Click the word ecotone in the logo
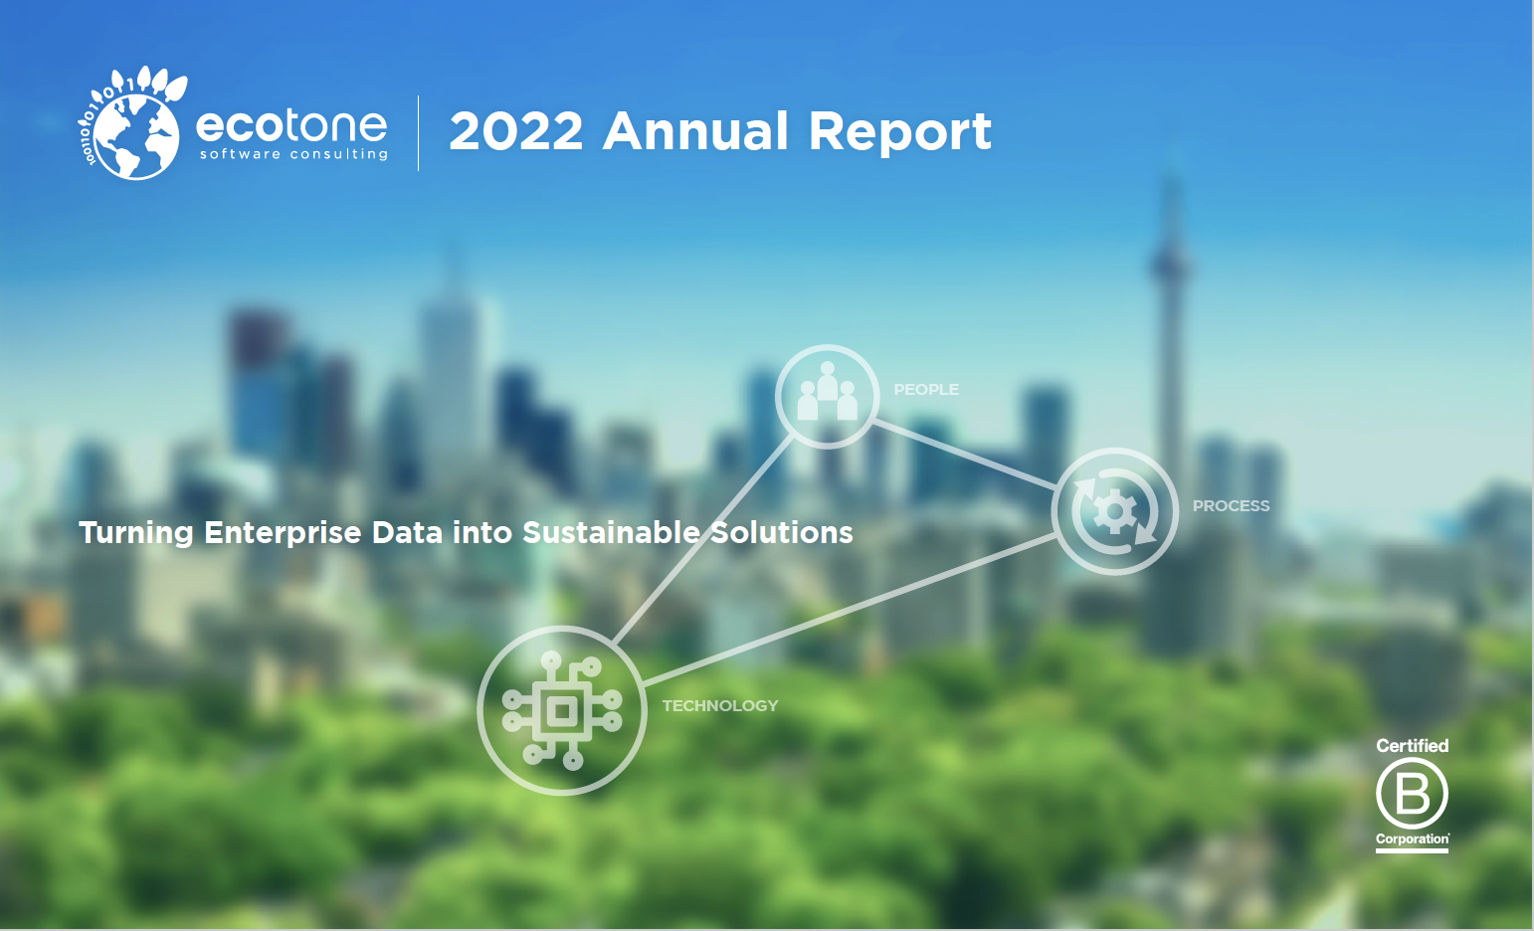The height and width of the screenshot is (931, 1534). click(290, 125)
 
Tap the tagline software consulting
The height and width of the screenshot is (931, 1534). click(293, 154)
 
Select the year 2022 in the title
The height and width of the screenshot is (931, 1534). click(515, 131)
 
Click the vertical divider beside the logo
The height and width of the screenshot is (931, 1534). click(418, 133)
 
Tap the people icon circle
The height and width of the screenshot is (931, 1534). click(827, 396)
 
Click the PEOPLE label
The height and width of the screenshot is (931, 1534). click(926, 390)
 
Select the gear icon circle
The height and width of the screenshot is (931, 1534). click(1114, 511)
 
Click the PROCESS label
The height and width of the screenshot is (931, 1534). click(1231, 505)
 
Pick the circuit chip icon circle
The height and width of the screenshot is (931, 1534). click(562, 710)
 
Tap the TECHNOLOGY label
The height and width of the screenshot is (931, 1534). click(720, 705)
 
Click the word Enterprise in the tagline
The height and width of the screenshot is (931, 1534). click(283, 532)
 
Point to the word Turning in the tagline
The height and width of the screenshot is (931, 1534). click(136, 532)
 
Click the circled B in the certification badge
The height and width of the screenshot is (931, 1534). click(1412, 793)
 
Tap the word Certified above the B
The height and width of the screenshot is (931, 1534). click(1412, 745)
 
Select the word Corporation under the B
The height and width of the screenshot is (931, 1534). click(1412, 838)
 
